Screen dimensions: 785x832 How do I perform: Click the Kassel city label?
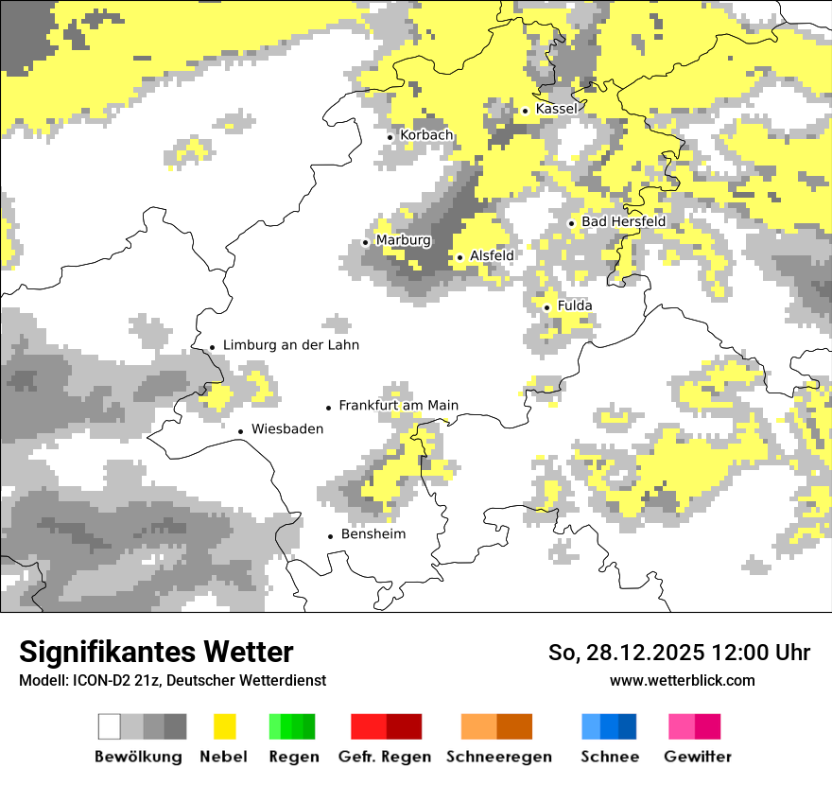(x=556, y=110)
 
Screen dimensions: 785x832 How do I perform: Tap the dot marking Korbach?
(x=390, y=137)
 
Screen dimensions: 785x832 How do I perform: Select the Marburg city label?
(x=403, y=240)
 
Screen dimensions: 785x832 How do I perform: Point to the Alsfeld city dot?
(x=460, y=257)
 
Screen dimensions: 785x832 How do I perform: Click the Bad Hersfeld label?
(x=623, y=221)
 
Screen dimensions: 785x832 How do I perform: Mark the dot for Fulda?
(x=547, y=307)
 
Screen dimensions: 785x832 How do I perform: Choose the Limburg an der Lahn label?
(x=291, y=345)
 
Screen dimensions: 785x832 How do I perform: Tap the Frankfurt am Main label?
(x=398, y=406)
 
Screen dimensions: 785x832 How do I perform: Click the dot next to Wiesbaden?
(x=241, y=431)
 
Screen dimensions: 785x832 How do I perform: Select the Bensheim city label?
(x=373, y=534)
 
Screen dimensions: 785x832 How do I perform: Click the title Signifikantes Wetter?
(x=156, y=652)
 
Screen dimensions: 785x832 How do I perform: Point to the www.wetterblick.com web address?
(x=683, y=680)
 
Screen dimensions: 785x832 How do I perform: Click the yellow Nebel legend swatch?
(x=225, y=726)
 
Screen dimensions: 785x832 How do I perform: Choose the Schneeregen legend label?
(x=499, y=757)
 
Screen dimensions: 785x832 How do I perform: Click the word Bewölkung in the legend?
(x=138, y=757)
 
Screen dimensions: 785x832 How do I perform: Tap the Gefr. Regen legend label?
(x=384, y=757)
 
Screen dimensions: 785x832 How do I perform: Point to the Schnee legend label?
(x=609, y=757)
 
